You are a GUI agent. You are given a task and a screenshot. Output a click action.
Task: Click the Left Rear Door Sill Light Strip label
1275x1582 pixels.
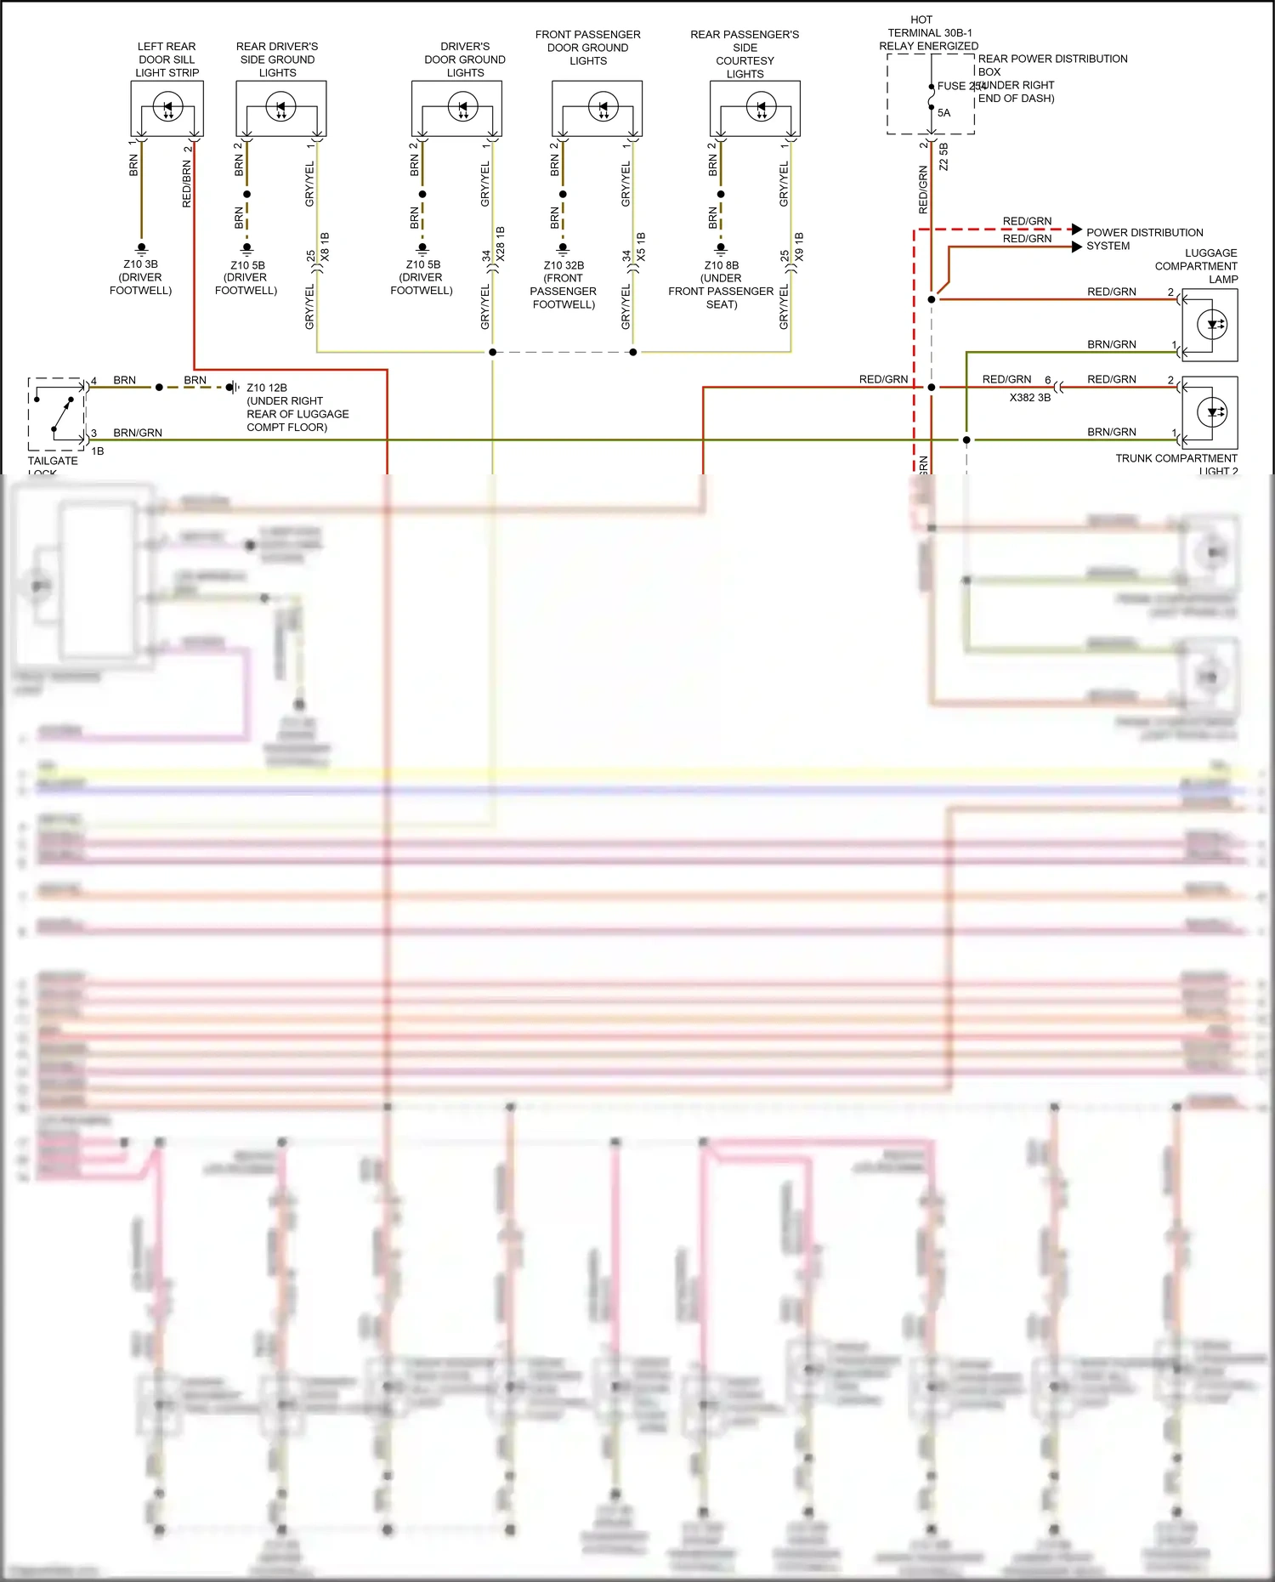(x=167, y=60)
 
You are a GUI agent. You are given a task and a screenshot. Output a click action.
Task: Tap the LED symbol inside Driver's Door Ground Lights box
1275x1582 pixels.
(x=463, y=107)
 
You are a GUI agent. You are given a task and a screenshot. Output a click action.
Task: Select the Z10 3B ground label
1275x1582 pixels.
(x=140, y=264)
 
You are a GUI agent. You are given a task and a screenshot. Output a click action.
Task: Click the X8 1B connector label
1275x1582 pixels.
(x=325, y=246)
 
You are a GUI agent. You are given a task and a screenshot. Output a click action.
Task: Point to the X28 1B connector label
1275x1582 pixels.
(x=501, y=243)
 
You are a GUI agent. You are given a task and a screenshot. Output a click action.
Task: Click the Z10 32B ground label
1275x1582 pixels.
(x=564, y=265)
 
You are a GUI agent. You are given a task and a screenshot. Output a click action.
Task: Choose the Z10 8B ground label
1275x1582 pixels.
(x=721, y=265)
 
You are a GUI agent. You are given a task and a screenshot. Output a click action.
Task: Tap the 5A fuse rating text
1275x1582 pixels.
(x=943, y=113)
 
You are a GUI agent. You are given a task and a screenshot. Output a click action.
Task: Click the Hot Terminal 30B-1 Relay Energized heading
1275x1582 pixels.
(x=928, y=32)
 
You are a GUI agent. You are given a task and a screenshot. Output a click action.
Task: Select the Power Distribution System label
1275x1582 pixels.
(x=1144, y=239)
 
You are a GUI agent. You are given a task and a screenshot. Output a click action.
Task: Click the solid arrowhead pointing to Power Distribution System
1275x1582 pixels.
(x=1078, y=247)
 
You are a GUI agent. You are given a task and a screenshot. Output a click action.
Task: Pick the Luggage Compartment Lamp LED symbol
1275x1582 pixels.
(x=1212, y=324)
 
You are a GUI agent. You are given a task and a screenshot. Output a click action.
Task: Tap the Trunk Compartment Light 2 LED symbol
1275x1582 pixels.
(x=1212, y=412)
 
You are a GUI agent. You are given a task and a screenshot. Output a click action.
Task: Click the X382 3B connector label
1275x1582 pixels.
(x=1029, y=397)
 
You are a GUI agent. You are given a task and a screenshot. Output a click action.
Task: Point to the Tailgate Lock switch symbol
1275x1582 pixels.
(x=56, y=414)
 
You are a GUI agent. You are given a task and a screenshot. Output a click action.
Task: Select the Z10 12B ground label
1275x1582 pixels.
(x=267, y=388)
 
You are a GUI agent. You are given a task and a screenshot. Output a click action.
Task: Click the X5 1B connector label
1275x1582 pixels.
(x=641, y=246)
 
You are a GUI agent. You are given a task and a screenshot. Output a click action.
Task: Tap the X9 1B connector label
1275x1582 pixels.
(x=799, y=246)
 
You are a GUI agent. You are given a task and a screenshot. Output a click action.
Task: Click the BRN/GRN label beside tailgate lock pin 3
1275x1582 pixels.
(x=138, y=433)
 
